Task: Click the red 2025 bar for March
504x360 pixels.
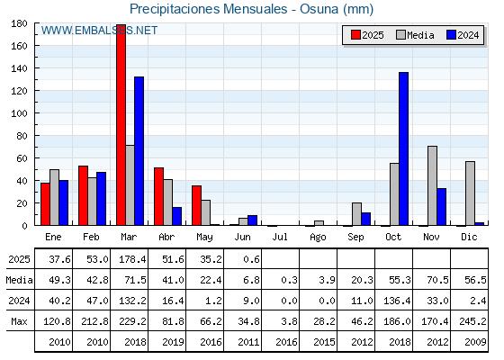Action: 121,125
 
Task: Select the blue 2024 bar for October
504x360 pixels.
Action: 404,148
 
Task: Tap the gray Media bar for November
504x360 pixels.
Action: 432,185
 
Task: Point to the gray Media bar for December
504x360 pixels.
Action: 470,193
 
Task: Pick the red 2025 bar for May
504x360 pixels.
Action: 197,205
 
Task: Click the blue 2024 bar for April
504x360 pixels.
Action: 176,216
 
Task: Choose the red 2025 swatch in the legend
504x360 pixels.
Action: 355,35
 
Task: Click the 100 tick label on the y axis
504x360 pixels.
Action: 19,113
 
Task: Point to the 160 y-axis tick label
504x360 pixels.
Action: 19,46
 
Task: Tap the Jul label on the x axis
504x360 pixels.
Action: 280,237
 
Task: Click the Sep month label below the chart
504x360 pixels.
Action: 355,238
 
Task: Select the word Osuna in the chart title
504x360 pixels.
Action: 319,9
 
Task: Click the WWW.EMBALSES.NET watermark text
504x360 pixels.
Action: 99,31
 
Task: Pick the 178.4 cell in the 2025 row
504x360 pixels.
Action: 132,259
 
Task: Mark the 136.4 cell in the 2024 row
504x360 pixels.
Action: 397,301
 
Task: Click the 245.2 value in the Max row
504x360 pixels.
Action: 472,321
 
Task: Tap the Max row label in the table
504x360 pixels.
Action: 19,321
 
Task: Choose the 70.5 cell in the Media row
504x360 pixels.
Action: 437,280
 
